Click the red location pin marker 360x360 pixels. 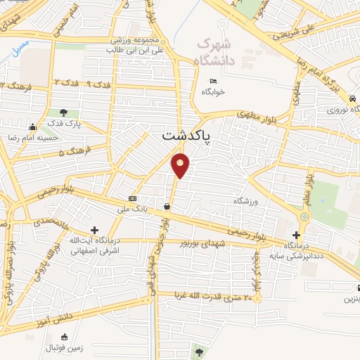coord(181,165)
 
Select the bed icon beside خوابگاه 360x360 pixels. coord(213,82)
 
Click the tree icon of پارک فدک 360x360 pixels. coord(64,112)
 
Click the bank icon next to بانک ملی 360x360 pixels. coord(133,198)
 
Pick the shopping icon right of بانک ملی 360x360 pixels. coord(167,207)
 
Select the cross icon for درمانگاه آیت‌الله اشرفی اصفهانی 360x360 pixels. coord(94,230)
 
